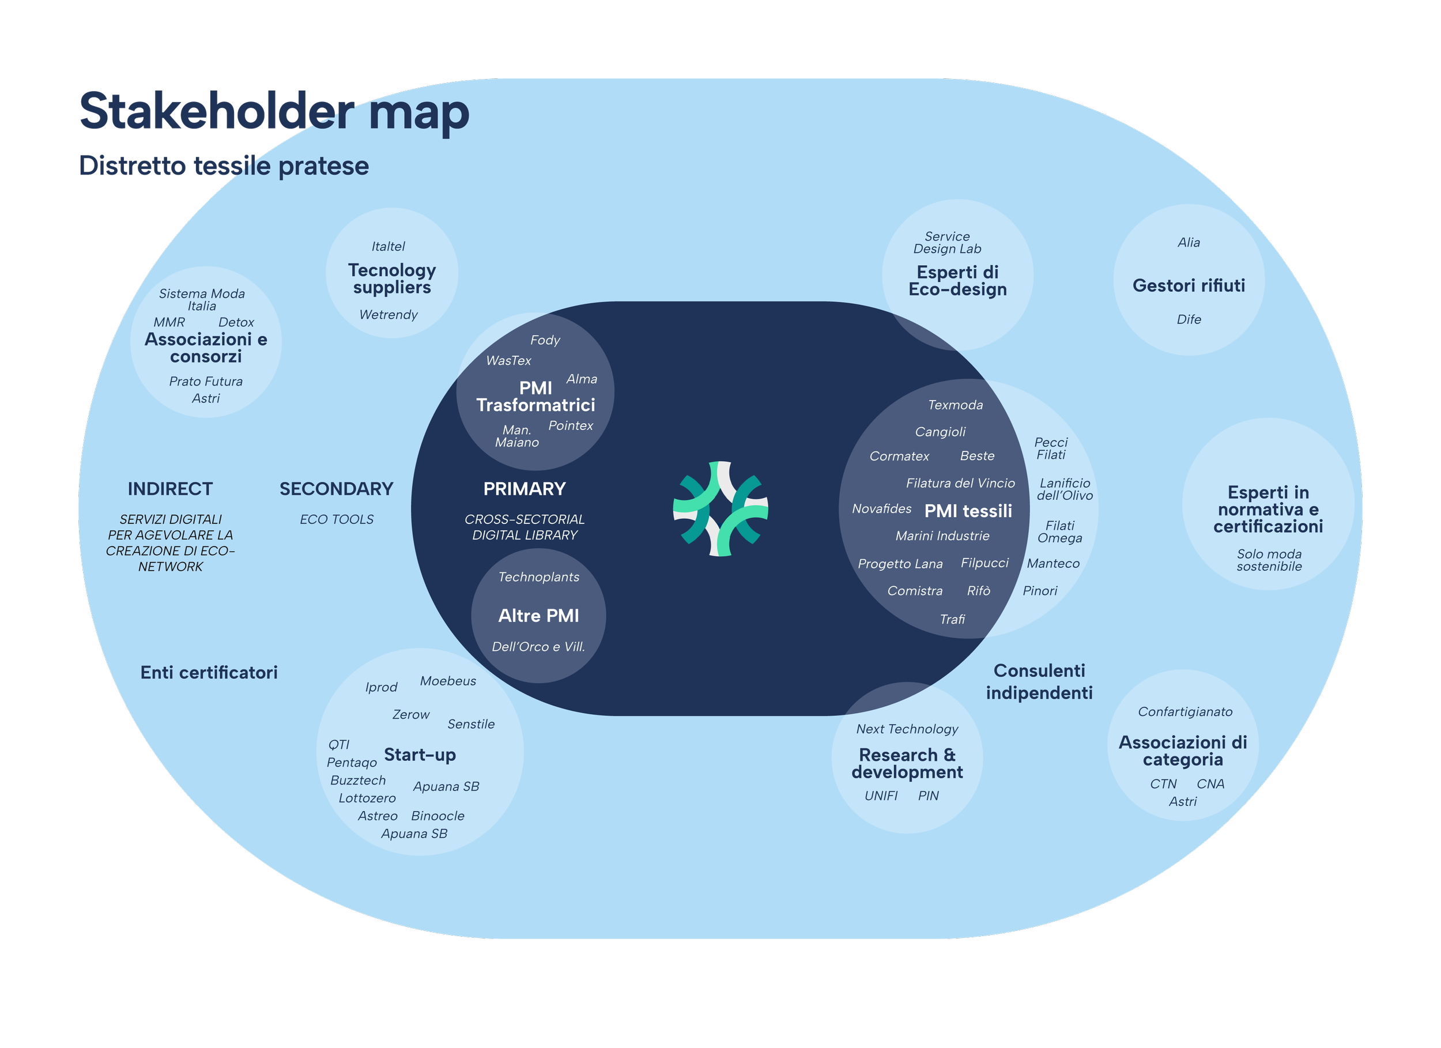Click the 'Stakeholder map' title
click(274, 112)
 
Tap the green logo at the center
click(720, 508)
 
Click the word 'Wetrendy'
click(388, 315)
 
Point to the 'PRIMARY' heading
click(524, 489)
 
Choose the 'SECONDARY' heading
click(336, 489)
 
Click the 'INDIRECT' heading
click(170, 489)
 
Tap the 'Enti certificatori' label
click(209, 672)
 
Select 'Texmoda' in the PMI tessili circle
click(955, 405)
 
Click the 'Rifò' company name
click(979, 591)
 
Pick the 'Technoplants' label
click(539, 577)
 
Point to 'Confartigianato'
click(1185, 712)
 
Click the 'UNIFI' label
click(881, 796)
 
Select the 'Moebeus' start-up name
click(448, 681)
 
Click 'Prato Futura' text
click(206, 381)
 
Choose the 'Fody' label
click(545, 340)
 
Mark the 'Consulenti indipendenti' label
click(1039, 681)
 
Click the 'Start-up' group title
click(420, 755)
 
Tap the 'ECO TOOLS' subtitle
click(337, 519)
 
